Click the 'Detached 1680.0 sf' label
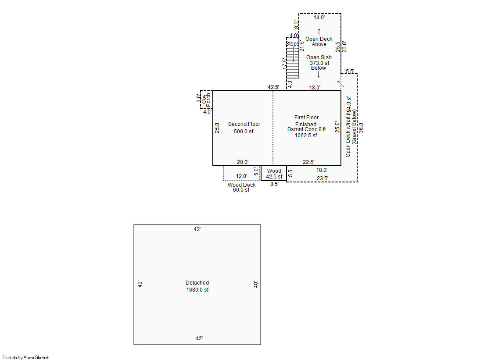pyautogui.click(x=197, y=286)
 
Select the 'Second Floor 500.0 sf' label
pyautogui.click(x=244, y=128)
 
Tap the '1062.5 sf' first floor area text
pyautogui.click(x=306, y=135)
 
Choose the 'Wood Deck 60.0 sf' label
pyautogui.click(x=241, y=187)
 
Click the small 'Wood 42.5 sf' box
pyautogui.click(x=274, y=174)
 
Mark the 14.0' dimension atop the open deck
pyautogui.click(x=319, y=18)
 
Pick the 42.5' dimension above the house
pyautogui.click(x=274, y=87)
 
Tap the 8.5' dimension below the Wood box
pyautogui.click(x=274, y=185)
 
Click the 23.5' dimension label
pyautogui.click(x=323, y=178)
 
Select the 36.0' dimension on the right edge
pyautogui.click(x=362, y=127)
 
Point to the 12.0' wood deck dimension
pyautogui.click(x=241, y=176)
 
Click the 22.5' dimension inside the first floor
pyautogui.click(x=308, y=162)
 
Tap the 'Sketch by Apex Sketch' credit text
pyautogui.click(x=26, y=357)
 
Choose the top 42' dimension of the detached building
pyautogui.click(x=198, y=229)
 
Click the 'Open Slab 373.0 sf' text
pyautogui.click(x=319, y=60)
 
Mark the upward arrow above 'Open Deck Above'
pyautogui.click(x=319, y=31)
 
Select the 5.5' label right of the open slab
pyautogui.click(x=350, y=71)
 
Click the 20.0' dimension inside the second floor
pyautogui.click(x=243, y=162)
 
